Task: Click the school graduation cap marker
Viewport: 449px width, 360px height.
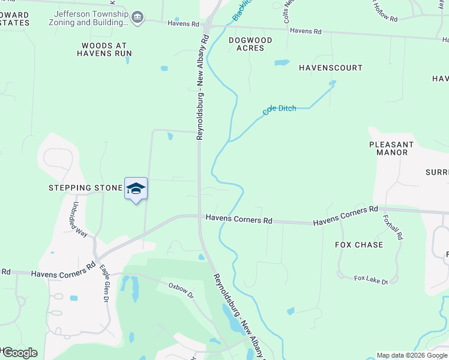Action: (x=136, y=188)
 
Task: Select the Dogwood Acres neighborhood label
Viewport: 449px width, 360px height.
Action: (x=250, y=44)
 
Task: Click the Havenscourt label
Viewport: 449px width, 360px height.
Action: (x=331, y=68)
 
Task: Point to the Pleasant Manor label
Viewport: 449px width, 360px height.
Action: (x=391, y=148)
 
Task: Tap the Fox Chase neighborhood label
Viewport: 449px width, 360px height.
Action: (x=359, y=245)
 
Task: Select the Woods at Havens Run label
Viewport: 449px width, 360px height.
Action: (x=104, y=49)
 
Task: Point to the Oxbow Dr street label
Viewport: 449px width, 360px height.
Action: (x=182, y=289)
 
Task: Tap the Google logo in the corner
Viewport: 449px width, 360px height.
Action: (x=19, y=353)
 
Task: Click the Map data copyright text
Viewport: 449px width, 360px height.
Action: (x=411, y=355)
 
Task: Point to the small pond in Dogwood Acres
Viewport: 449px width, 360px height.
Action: (x=282, y=62)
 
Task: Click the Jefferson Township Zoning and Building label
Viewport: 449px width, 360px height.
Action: (x=91, y=18)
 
